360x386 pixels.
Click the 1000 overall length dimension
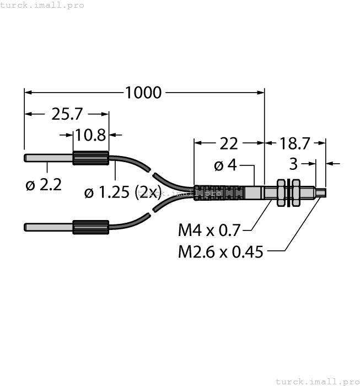click(x=143, y=92)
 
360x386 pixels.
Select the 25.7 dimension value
click(x=67, y=114)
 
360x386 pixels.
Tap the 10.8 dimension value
click(x=91, y=134)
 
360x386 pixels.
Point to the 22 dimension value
click(x=229, y=143)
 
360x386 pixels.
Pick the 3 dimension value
click(x=293, y=164)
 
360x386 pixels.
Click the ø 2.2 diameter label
click(x=44, y=185)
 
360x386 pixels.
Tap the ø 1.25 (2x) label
click(x=122, y=192)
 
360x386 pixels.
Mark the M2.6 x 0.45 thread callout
click(x=221, y=252)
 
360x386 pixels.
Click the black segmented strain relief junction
click(x=219, y=193)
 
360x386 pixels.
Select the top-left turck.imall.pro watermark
click(x=42, y=5)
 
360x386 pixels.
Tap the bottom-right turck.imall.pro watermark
click(x=316, y=381)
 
